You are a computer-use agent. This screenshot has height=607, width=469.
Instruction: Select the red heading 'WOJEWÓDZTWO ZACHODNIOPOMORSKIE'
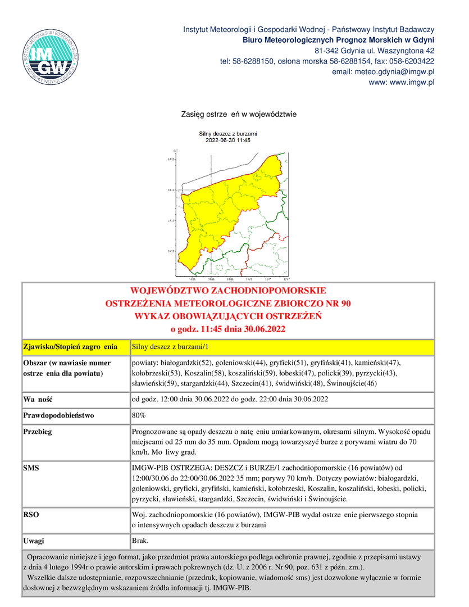point(228,291)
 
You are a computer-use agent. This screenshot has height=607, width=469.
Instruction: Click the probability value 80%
point(138,415)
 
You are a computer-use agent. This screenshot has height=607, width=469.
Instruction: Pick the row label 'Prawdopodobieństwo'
point(58,415)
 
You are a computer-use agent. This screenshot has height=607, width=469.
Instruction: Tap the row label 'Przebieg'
point(38,432)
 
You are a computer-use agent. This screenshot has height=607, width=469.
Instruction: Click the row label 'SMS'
point(31,468)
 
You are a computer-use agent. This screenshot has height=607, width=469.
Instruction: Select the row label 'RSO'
point(31,514)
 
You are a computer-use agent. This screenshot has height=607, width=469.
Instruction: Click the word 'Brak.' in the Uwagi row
point(140,540)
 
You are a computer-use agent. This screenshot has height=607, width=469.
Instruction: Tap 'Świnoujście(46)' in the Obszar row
point(352,383)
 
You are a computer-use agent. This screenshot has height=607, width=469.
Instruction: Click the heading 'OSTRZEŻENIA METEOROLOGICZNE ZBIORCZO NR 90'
point(228,303)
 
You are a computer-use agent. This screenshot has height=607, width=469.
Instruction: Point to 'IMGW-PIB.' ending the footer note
point(234,588)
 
